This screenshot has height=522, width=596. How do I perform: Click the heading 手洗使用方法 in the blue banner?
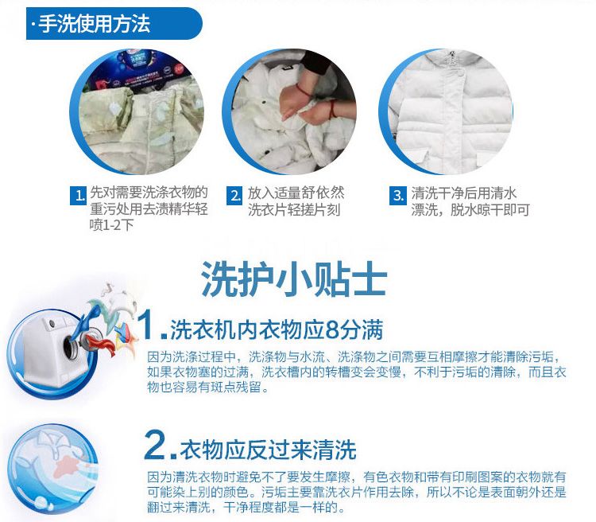(x=95, y=24)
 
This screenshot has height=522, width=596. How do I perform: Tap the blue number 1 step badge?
(x=78, y=195)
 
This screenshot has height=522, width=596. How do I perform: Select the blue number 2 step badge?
(x=234, y=195)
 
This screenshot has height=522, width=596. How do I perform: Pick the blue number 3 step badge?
(x=397, y=195)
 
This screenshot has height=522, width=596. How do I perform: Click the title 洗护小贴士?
(x=294, y=279)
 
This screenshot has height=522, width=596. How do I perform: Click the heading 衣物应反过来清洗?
(x=268, y=450)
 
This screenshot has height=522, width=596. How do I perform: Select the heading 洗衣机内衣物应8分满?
(x=277, y=329)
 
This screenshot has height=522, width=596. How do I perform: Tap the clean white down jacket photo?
(x=450, y=111)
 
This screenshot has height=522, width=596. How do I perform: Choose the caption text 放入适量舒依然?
(x=296, y=193)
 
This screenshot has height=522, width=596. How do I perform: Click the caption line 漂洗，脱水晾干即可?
(x=470, y=210)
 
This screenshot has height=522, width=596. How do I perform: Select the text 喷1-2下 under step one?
(x=112, y=225)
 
